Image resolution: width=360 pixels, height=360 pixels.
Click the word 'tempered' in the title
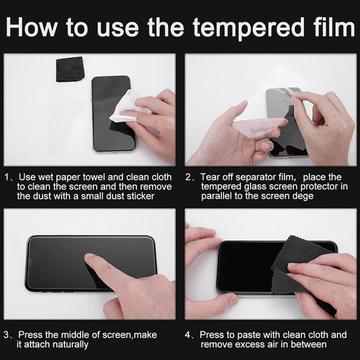point(249,27)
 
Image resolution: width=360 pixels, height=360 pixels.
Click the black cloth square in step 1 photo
point(70,69)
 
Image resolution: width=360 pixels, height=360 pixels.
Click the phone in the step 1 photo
point(113,113)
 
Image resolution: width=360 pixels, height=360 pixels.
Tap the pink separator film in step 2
point(258,128)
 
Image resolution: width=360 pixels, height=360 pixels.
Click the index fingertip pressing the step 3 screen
point(89,257)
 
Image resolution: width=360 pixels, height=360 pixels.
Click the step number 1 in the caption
point(7,177)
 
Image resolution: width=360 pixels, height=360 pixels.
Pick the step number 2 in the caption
point(188,177)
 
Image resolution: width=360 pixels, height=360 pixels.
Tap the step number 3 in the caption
point(7,335)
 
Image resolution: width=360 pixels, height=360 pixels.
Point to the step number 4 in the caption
point(188,335)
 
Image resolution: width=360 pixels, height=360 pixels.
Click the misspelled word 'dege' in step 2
point(302,196)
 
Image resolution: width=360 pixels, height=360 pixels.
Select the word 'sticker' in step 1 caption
point(140,196)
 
